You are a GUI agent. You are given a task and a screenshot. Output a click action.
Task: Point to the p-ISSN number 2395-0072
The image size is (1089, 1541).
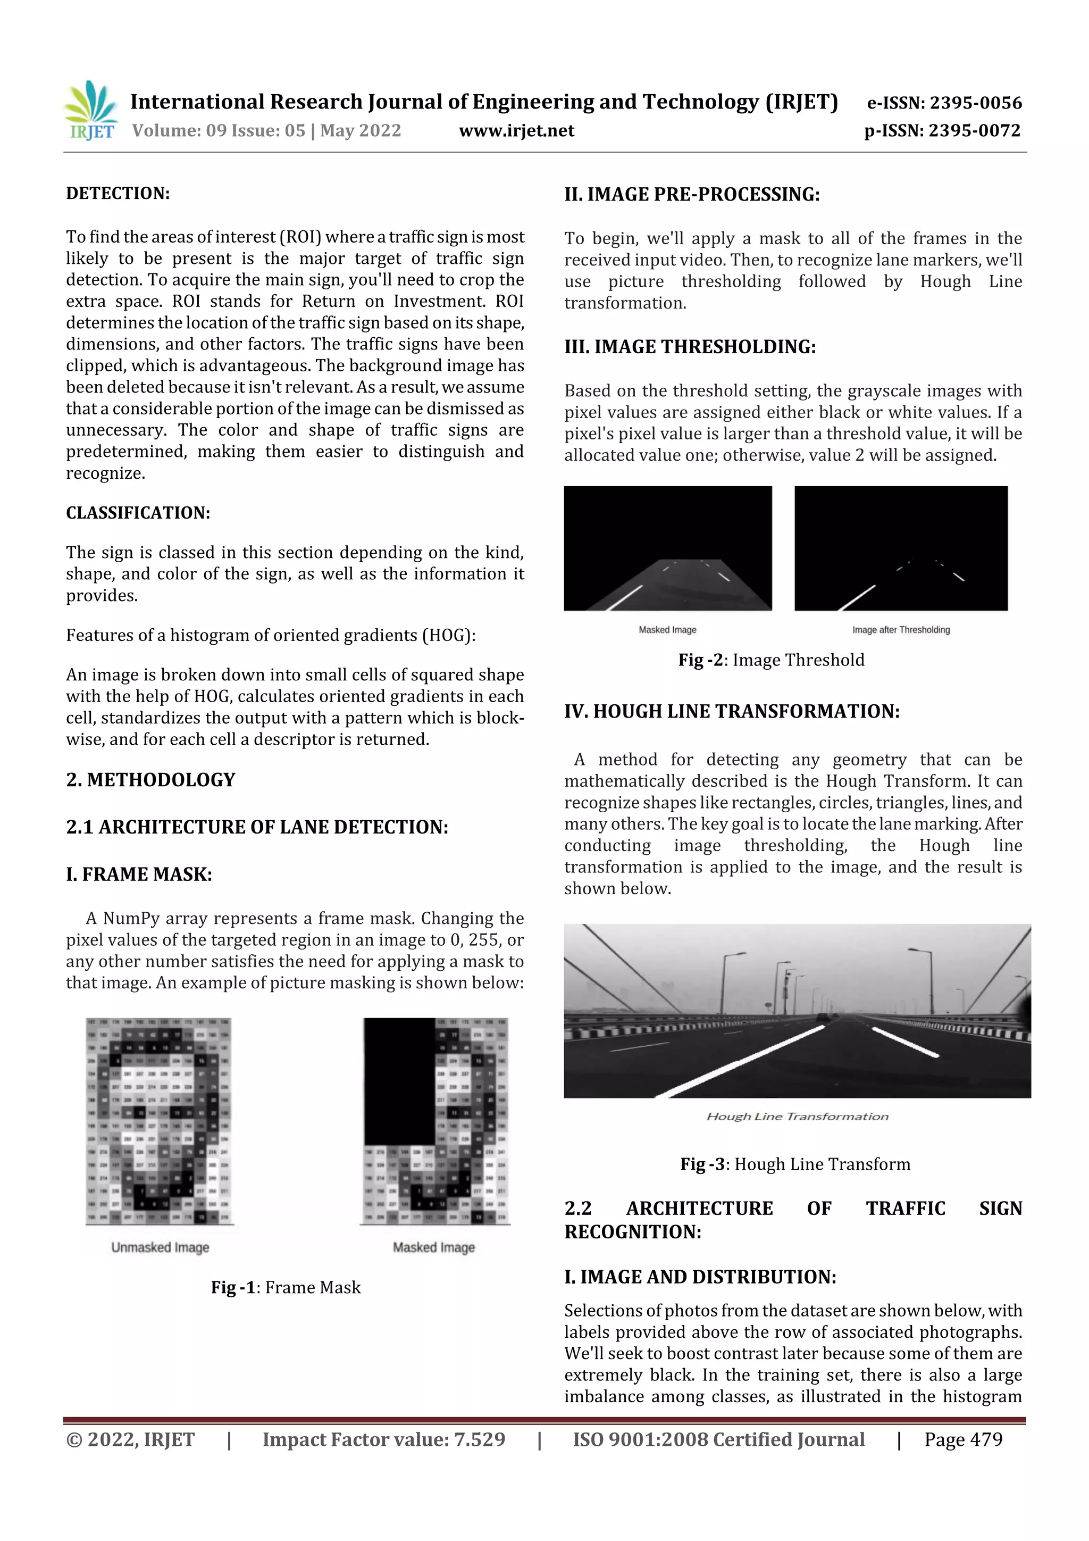point(974,131)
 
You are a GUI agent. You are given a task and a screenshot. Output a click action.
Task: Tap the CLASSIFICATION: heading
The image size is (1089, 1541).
point(138,513)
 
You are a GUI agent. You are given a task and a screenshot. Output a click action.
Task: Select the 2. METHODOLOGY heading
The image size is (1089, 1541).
point(151,780)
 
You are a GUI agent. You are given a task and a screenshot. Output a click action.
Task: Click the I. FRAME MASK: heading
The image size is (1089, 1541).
point(139,874)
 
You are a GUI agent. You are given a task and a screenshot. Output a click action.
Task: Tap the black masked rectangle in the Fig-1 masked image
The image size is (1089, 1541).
point(399,1080)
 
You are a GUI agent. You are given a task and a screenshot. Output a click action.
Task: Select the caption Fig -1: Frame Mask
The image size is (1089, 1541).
point(286,1287)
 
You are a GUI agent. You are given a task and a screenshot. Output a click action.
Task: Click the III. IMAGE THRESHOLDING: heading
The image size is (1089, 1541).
point(690,347)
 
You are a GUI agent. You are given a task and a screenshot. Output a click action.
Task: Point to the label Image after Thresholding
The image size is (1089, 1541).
point(900,630)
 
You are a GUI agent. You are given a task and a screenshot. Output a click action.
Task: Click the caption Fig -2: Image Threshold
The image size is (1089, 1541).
point(771,660)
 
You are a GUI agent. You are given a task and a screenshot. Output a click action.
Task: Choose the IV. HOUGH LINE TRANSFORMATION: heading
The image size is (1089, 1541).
point(731,711)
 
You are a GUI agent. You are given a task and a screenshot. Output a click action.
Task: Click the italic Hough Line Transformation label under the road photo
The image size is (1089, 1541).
point(797,1116)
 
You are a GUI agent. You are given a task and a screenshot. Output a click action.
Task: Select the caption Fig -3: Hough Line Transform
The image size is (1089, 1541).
point(795,1164)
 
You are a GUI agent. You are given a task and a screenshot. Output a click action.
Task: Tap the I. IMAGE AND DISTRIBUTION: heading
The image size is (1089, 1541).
point(700,1277)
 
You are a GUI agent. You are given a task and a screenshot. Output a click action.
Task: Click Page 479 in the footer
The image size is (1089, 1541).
point(963,1439)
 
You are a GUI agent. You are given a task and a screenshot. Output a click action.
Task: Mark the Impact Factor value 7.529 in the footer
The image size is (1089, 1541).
point(384,1439)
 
